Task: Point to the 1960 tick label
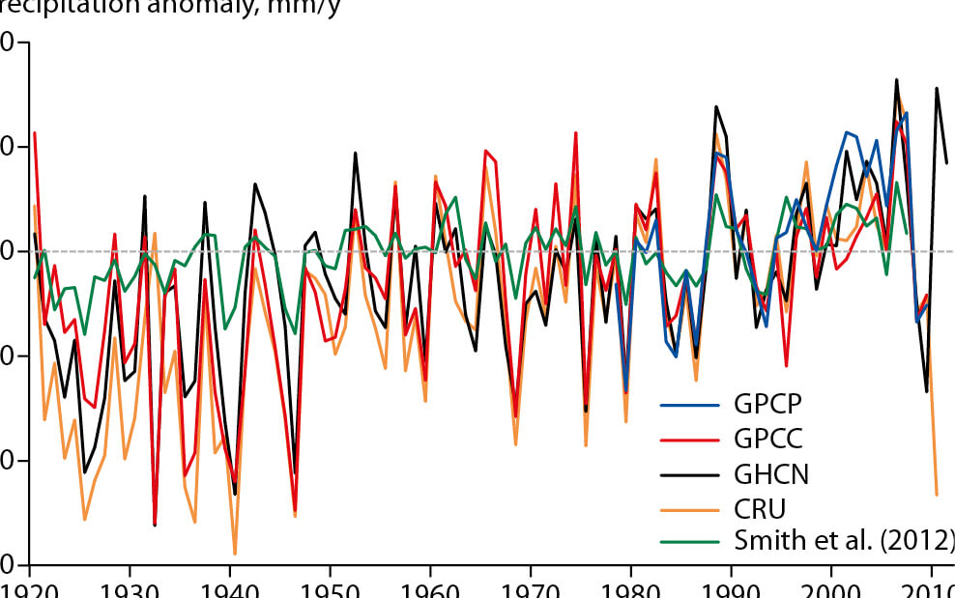click(x=430, y=588)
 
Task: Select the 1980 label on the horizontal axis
click(x=631, y=588)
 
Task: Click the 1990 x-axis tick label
click(x=732, y=588)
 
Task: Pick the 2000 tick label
click(x=832, y=588)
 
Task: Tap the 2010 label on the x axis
click(x=928, y=588)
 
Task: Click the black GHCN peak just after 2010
click(x=936, y=88)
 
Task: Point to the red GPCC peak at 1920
click(x=34, y=132)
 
